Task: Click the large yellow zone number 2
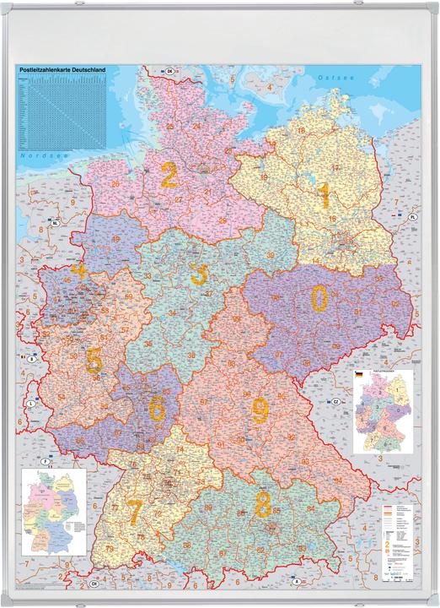pos(169,176)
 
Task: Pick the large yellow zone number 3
pos(199,274)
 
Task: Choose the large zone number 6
pos(157,407)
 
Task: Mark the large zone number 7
pos(135,511)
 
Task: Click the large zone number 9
pos(260,410)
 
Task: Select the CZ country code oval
pos(335,400)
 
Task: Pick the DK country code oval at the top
pos(169,71)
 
